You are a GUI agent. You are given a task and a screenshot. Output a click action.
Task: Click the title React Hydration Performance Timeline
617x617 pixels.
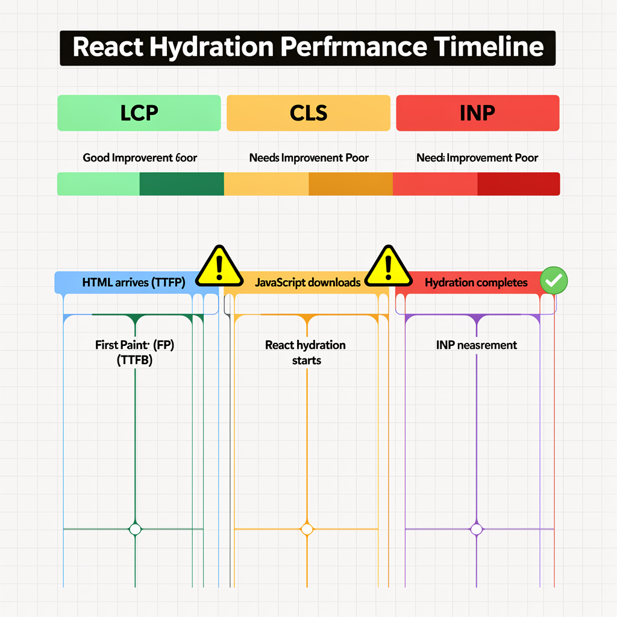(x=307, y=47)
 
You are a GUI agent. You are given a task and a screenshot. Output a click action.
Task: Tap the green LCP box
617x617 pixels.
(x=139, y=113)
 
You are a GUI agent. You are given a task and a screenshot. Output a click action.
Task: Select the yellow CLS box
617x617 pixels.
(x=308, y=113)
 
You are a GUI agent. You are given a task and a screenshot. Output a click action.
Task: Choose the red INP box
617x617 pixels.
(x=477, y=113)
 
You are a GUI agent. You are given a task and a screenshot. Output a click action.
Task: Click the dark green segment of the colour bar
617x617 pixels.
(x=181, y=184)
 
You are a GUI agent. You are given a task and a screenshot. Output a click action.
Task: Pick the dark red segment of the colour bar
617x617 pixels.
(x=518, y=184)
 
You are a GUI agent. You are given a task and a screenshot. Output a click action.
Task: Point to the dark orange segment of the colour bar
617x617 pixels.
(x=350, y=184)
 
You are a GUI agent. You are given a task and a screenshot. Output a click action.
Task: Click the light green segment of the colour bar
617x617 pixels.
(x=98, y=184)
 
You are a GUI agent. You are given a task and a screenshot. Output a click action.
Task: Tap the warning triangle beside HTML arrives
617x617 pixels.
(x=220, y=265)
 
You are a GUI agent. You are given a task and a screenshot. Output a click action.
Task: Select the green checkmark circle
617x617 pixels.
(x=553, y=280)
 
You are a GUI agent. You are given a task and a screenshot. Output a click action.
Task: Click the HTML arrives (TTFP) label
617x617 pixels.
(x=133, y=283)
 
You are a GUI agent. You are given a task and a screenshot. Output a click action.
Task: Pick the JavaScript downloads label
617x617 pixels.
(x=307, y=283)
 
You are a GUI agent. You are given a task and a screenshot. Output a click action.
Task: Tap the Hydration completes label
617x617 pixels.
(x=476, y=283)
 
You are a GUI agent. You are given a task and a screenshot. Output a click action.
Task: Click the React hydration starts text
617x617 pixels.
(x=305, y=352)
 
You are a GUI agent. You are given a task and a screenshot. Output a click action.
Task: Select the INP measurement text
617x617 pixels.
(x=476, y=345)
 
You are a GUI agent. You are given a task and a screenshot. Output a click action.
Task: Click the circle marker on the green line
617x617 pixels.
(x=135, y=529)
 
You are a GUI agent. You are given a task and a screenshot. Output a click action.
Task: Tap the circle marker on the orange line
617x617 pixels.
(x=307, y=529)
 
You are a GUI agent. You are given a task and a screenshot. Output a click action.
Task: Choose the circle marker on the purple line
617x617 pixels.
(x=476, y=529)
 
